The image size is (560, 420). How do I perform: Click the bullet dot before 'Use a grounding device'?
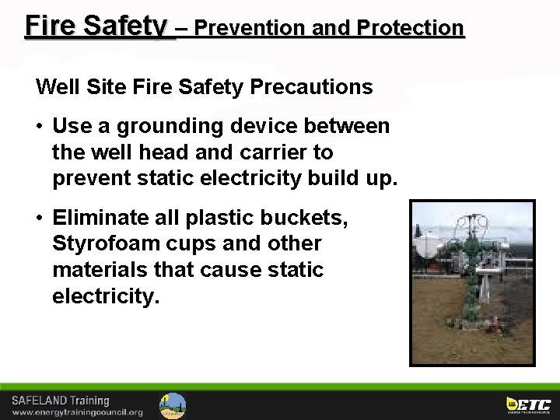click(x=40, y=127)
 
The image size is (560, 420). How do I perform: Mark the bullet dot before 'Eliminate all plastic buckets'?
click(x=40, y=219)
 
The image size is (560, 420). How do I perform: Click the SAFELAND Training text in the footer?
click(x=60, y=401)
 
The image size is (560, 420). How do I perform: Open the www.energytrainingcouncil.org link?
click(x=77, y=412)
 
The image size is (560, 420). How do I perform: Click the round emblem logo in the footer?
click(x=173, y=405)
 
